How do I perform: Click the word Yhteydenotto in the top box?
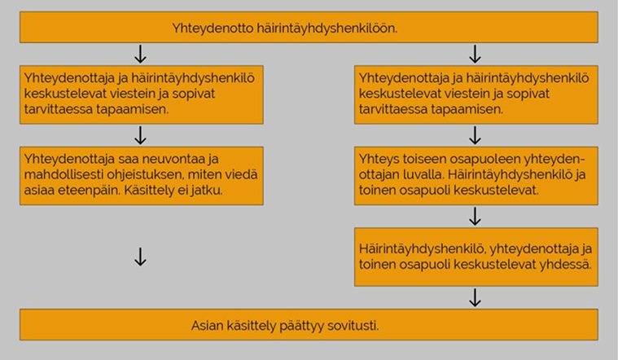(213, 29)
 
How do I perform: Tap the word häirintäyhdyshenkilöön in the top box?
(327, 29)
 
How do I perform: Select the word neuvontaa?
(174, 159)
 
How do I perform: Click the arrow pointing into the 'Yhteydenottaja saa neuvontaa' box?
(140, 135)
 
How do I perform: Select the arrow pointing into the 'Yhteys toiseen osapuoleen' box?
(475, 135)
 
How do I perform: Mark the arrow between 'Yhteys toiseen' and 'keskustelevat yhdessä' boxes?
(475, 217)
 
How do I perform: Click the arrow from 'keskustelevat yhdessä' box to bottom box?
(475, 298)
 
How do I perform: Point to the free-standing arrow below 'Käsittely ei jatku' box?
(140, 257)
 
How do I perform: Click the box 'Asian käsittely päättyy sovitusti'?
(309, 324)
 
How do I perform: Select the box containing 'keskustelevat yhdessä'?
(476, 257)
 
